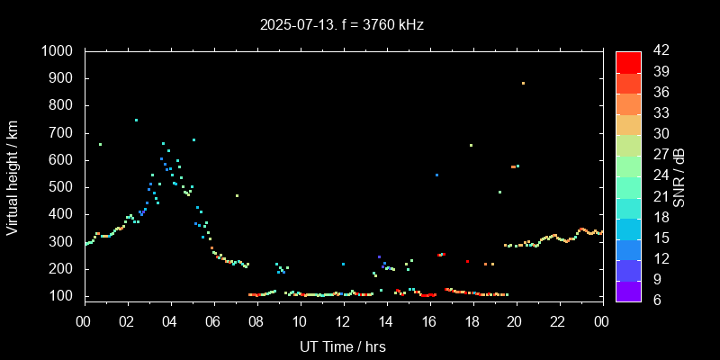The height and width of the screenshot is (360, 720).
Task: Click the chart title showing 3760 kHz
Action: [x=342, y=24]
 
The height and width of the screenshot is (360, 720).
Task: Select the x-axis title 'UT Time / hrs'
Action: [x=343, y=346]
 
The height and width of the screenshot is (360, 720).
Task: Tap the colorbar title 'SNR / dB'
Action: [x=679, y=175]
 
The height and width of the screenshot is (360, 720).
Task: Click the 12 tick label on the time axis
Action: [x=343, y=321]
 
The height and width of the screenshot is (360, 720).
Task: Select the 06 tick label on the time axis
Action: [x=213, y=321]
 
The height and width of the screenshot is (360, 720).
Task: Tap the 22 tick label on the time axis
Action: [x=559, y=321]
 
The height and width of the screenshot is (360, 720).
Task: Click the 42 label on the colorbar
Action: [x=655, y=51]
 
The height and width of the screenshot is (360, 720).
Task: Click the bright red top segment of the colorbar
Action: [x=628, y=61]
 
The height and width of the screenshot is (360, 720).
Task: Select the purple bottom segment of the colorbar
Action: [x=628, y=290]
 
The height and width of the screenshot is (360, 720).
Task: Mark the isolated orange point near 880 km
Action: [x=523, y=84]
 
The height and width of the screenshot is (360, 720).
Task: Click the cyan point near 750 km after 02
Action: [x=136, y=120]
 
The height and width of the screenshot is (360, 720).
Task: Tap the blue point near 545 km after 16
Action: [x=436, y=175]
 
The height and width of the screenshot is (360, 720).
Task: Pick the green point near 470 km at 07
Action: [x=237, y=195]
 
